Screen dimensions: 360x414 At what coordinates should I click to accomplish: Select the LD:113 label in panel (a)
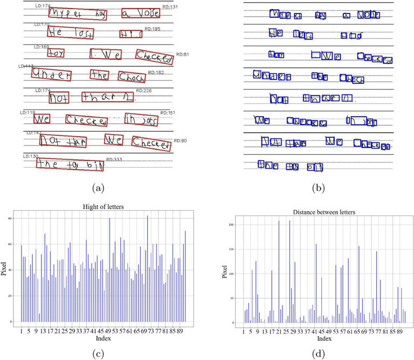(x=25, y=66)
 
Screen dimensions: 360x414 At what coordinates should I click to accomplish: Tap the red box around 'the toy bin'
(x=70, y=165)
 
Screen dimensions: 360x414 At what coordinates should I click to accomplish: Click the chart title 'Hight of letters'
(x=104, y=207)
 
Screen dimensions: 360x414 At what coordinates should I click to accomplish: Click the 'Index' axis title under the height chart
(x=103, y=338)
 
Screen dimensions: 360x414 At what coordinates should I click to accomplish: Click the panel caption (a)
(x=98, y=187)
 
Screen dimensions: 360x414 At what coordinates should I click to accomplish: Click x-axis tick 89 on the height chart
(x=182, y=330)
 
